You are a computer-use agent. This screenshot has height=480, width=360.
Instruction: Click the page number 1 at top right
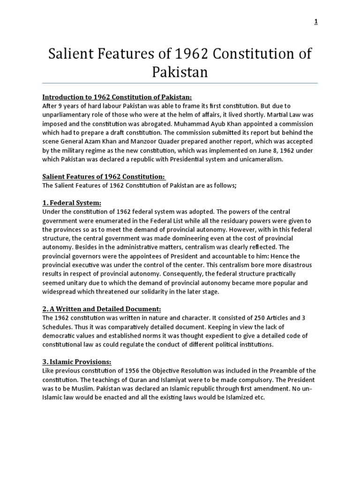pyautogui.click(x=316, y=22)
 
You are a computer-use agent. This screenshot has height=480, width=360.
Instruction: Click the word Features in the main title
pyautogui.click(x=120, y=54)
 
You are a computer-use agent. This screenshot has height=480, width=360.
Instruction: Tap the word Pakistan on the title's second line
pyautogui.click(x=180, y=72)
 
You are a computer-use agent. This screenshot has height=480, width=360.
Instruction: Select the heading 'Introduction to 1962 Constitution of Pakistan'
pyautogui.click(x=117, y=97)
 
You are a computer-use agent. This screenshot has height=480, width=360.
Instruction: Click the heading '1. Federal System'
pyautogui.click(x=72, y=203)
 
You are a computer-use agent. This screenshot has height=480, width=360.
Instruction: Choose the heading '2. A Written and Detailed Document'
pyautogui.click(x=102, y=309)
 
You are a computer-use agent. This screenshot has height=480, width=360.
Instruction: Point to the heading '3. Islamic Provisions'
pyautogui.click(x=77, y=362)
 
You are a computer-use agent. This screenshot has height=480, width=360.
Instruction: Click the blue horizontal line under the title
pyautogui.click(x=180, y=83)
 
